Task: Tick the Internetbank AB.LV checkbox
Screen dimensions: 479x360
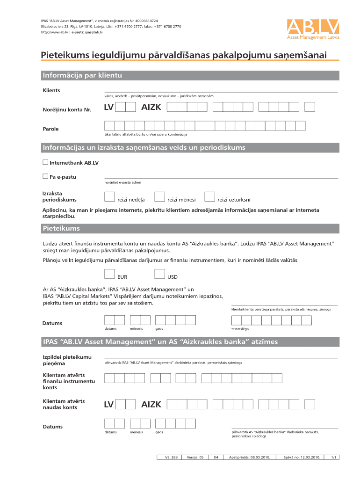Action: [x=45, y=162]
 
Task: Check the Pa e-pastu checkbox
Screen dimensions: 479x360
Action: [x=45, y=176]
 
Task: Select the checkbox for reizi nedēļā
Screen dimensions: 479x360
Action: [x=109, y=197]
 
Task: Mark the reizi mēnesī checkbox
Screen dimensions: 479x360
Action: [x=159, y=197]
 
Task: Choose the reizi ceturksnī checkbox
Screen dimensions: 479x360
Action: [x=210, y=197]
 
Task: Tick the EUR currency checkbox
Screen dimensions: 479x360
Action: [x=109, y=274]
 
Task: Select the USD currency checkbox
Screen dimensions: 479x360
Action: [x=159, y=274]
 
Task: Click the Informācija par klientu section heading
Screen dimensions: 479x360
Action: [x=82, y=75]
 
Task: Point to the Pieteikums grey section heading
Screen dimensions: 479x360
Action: [x=61, y=229]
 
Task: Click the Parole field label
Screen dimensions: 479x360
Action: [x=50, y=129]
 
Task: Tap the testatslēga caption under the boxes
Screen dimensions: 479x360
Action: [x=240, y=328]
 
